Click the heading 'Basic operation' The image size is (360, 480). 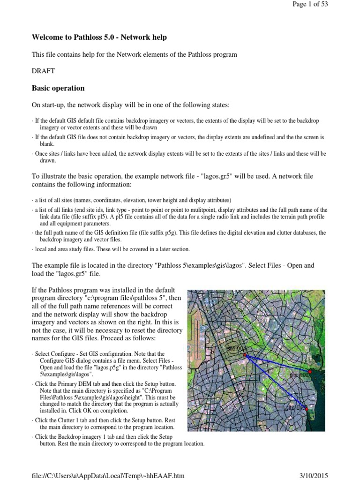point(58,88)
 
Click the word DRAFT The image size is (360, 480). point(43,71)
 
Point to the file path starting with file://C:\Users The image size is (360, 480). point(108,475)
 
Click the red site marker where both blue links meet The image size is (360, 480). point(245,355)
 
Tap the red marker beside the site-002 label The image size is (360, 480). point(310,372)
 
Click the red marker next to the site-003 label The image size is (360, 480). point(307,409)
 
